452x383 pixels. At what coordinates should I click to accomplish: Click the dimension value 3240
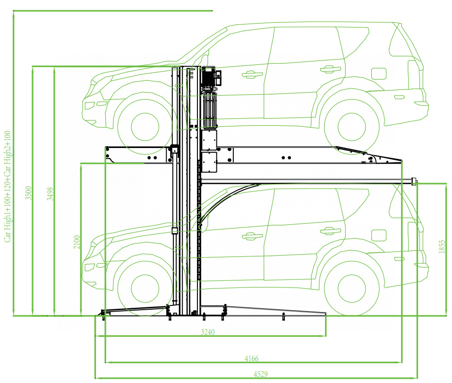[x=207, y=332]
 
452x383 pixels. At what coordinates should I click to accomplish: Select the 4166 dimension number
[x=251, y=358]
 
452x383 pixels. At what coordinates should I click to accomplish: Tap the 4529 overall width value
[x=261, y=374]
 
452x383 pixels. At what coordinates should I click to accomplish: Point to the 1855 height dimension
[x=442, y=247]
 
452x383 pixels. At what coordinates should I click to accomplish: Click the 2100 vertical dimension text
[x=77, y=242]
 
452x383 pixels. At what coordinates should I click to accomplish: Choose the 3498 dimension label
[x=50, y=194]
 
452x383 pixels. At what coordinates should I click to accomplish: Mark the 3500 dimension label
[x=28, y=192]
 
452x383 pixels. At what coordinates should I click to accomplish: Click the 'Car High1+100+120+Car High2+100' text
[x=7, y=186]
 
